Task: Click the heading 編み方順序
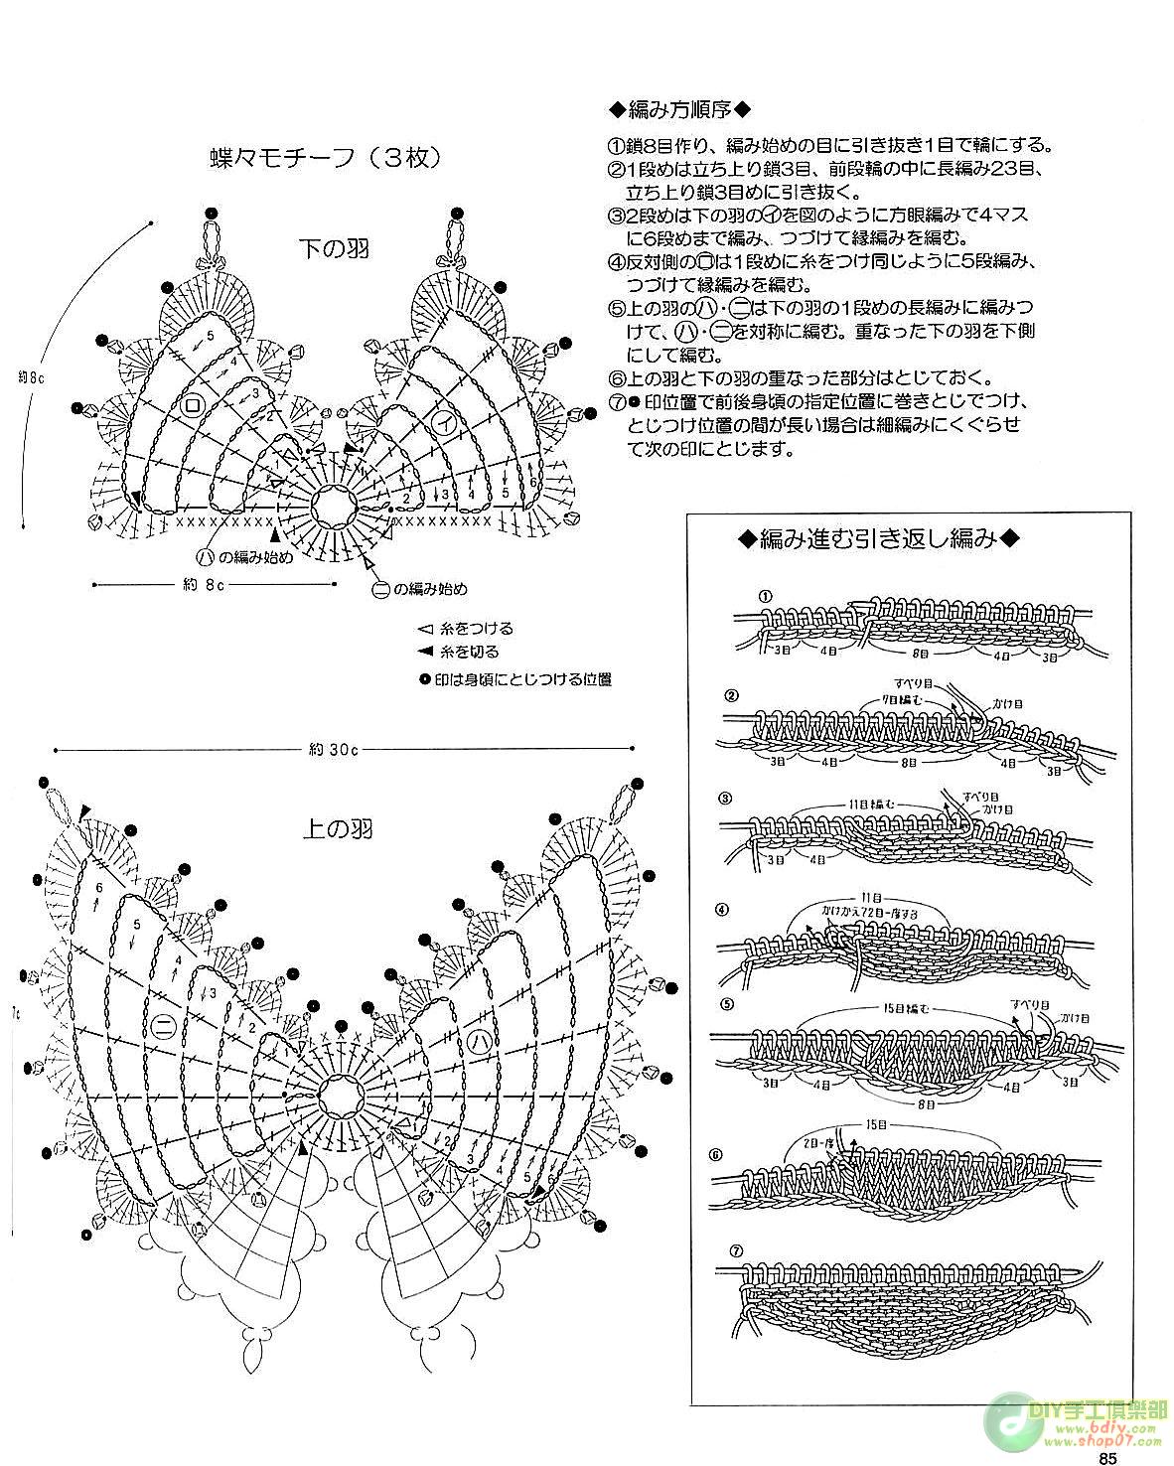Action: (679, 108)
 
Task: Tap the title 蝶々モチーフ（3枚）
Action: (324, 157)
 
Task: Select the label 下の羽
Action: (335, 248)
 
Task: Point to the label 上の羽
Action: (338, 826)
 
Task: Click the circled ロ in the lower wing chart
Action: (193, 406)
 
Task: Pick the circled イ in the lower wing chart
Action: (447, 421)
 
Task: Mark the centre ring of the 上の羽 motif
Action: (339, 1094)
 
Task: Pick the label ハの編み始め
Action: (246, 556)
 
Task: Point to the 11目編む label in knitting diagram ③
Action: (872, 803)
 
